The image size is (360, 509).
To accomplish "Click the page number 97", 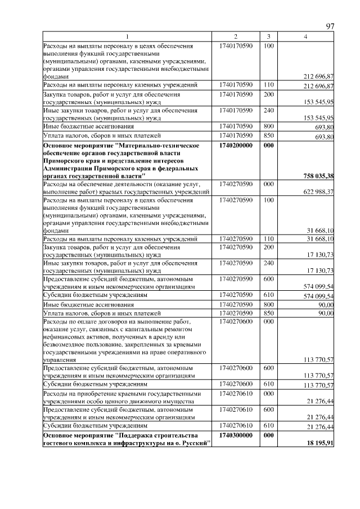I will pyautogui.click(x=330, y=26).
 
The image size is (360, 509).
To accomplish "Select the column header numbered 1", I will pyautogui.click(x=127, y=37).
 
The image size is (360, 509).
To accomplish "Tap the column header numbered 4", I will pyautogui.click(x=305, y=37).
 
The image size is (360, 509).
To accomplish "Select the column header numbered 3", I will pyautogui.click(x=269, y=37).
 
